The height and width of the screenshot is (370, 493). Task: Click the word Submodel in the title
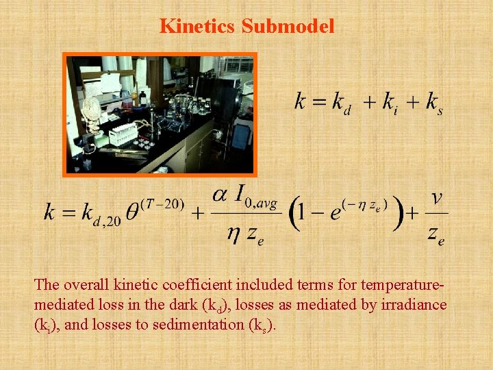tap(288, 26)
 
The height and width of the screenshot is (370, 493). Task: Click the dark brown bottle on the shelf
tap(144, 97)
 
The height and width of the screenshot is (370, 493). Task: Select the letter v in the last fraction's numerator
tap(435, 198)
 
